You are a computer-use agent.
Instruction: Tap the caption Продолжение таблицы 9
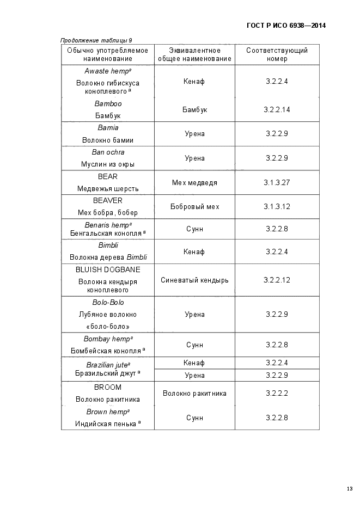click(x=96, y=40)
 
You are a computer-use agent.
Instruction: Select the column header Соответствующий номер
click(x=277, y=54)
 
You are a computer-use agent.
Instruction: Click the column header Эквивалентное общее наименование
click(x=194, y=54)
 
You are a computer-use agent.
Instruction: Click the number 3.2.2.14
click(x=277, y=109)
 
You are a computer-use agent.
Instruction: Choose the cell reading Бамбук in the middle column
click(x=194, y=109)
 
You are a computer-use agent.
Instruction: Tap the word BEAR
click(x=108, y=176)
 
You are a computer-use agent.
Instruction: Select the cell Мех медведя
click(x=194, y=182)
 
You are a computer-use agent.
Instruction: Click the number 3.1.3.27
click(x=277, y=182)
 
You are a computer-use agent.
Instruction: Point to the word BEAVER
click(x=108, y=200)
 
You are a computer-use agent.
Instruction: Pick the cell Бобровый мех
click(x=194, y=206)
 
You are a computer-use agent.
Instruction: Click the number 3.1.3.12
click(x=277, y=206)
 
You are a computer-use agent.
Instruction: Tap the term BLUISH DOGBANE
click(x=108, y=269)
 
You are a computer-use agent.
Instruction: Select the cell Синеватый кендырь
click(x=194, y=280)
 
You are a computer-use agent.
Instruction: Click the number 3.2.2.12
click(x=277, y=280)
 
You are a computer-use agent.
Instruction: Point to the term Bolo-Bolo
click(x=108, y=303)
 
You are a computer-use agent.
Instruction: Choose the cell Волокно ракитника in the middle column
click(x=194, y=393)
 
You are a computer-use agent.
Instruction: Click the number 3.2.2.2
click(x=277, y=393)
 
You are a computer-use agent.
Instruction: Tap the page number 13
click(x=349, y=488)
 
